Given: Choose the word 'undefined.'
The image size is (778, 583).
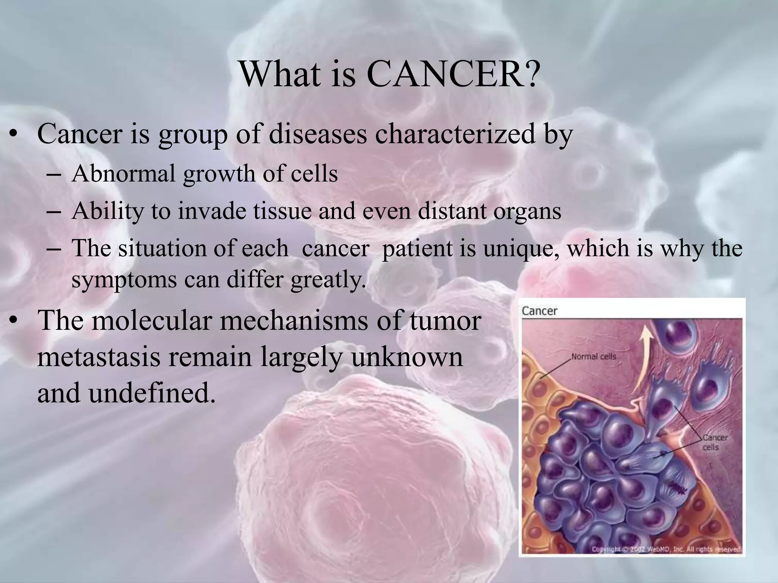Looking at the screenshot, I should pyautogui.click(x=150, y=393).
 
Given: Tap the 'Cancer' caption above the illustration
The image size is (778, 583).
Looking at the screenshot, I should pyautogui.click(x=539, y=311).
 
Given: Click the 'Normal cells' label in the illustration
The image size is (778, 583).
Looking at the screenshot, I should pyautogui.click(x=594, y=357).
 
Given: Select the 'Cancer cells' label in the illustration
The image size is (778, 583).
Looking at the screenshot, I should pyautogui.click(x=715, y=442).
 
